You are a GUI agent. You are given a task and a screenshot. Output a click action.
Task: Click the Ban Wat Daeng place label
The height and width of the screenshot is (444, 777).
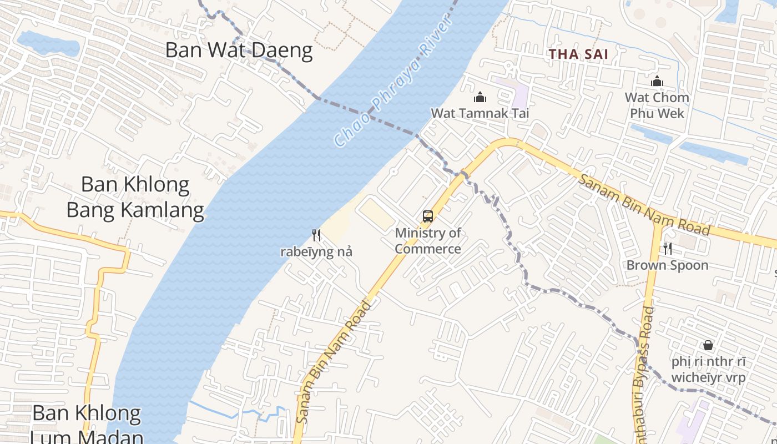[239, 51]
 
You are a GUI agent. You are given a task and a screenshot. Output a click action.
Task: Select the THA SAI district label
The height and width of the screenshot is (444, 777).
[578, 54]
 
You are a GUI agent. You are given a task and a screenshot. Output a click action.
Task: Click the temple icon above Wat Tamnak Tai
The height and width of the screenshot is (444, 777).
[480, 98]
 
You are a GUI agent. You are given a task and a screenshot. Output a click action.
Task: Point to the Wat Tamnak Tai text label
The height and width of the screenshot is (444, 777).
[480, 113]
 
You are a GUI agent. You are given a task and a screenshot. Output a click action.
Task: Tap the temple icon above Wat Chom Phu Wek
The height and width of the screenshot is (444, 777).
[657, 82]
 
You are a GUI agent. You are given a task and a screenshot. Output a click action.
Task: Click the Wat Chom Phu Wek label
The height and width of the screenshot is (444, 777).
[657, 105]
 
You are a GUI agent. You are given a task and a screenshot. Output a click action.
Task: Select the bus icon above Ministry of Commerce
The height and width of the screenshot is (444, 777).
[427, 216]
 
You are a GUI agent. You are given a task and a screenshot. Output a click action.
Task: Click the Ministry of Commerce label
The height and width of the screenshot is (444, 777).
[428, 241]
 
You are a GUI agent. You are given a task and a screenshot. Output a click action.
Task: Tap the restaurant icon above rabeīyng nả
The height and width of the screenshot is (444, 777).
[316, 235]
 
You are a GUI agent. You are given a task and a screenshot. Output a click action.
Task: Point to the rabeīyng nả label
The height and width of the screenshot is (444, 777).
[316, 252]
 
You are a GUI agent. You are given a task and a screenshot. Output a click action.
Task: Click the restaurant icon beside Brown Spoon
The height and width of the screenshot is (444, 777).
[667, 249]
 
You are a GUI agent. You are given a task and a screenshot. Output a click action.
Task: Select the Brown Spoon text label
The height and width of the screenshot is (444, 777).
[667, 265]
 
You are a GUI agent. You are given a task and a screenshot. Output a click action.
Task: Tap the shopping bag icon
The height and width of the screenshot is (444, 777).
[708, 345]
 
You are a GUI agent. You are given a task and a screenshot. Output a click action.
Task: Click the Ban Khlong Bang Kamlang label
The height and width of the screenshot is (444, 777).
[135, 197]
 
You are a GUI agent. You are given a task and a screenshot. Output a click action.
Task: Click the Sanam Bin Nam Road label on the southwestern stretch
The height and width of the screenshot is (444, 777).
[333, 362]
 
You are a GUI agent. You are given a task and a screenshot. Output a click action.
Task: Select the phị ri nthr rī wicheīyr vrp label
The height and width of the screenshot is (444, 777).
[708, 370]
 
